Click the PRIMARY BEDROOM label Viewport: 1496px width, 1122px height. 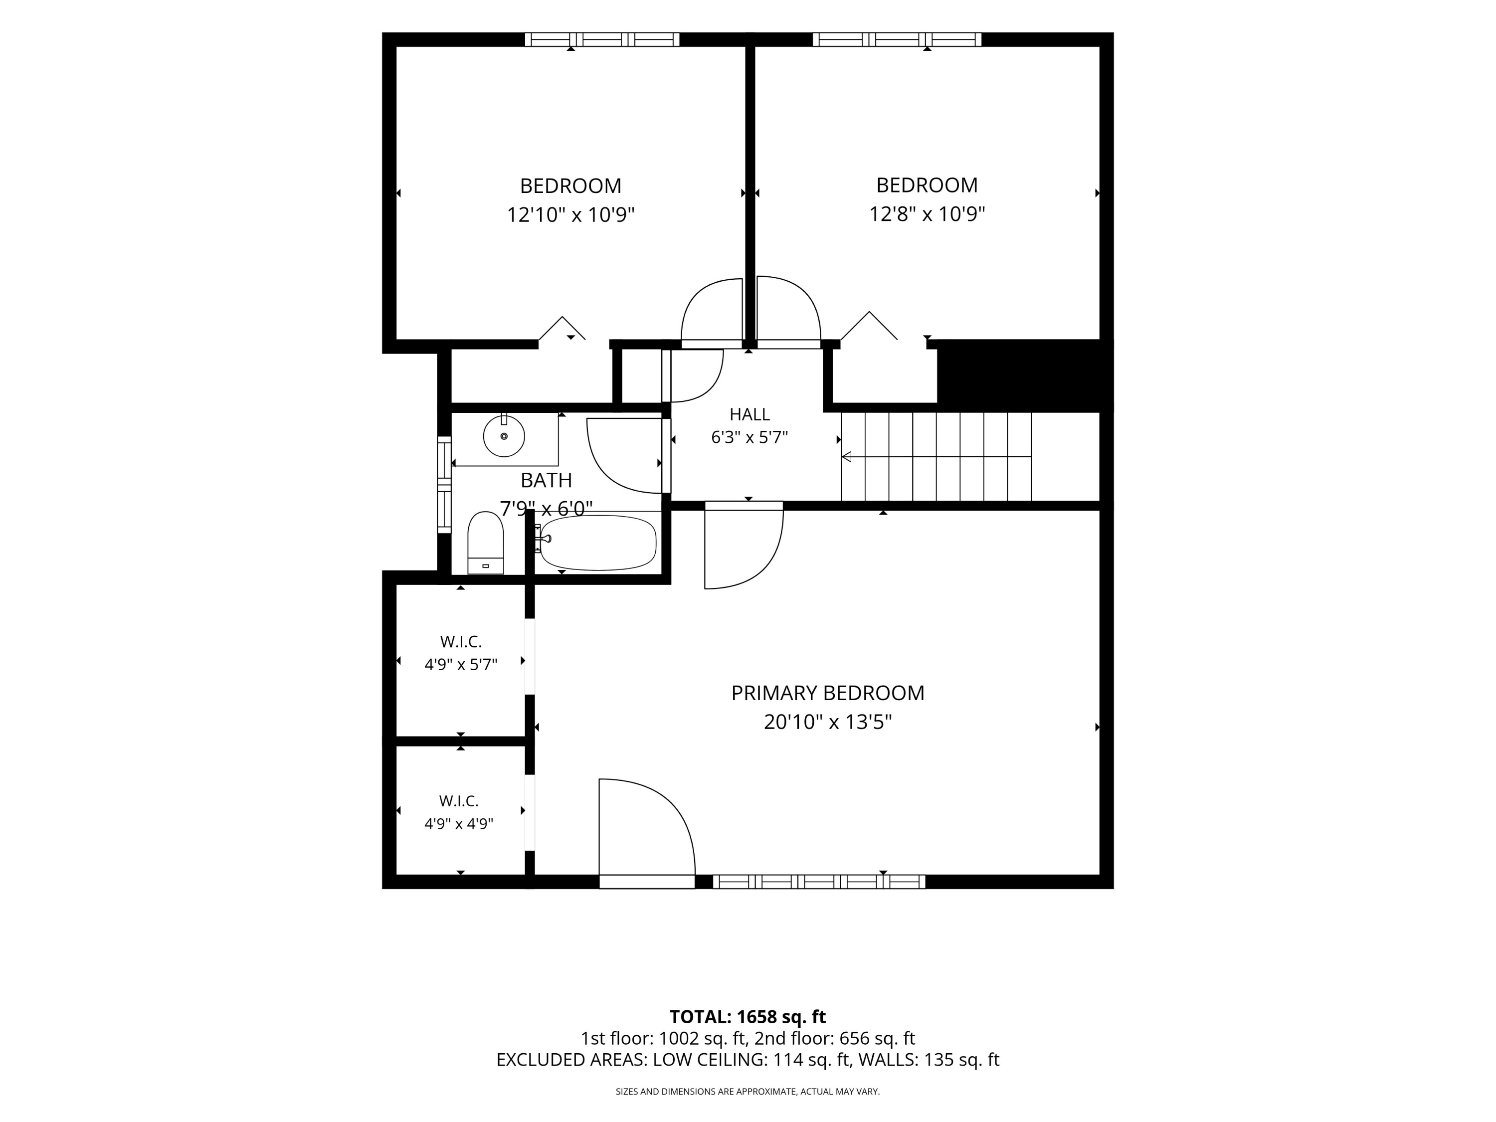pyautogui.click(x=827, y=693)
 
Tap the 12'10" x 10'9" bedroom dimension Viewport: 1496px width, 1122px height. pyautogui.click(x=571, y=215)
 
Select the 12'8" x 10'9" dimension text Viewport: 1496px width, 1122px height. pyautogui.click(x=927, y=214)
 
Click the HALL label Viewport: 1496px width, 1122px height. pyautogui.click(x=749, y=414)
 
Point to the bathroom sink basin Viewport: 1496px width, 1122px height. pyautogui.click(x=504, y=436)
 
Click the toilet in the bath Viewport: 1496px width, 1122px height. pyautogui.click(x=486, y=543)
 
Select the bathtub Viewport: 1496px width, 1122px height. pyautogui.click(x=598, y=543)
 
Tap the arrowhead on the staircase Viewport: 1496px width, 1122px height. pyautogui.click(x=846, y=457)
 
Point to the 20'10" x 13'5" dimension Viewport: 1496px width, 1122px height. pyautogui.click(x=828, y=722)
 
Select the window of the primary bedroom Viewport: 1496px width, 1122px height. pyautogui.click(x=819, y=881)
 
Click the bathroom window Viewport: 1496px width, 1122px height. pyautogui.click(x=444, y=485)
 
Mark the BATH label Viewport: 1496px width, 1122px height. pyautogui.click(x=547, y=480)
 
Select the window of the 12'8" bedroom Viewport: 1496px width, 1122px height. pyautogui.click(x=897, y=39)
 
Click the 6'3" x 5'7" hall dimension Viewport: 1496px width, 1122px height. pyautogui.click(x=749, y=437)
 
